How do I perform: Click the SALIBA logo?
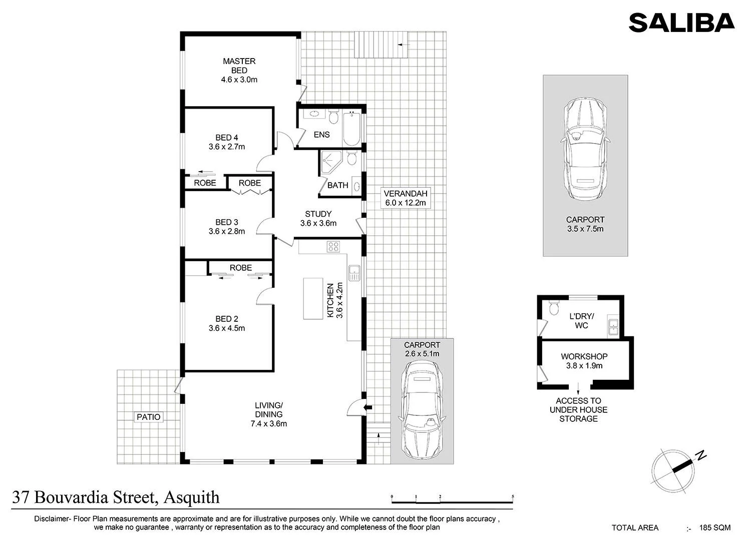click(x=681, y=23)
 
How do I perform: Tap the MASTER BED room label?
click(x=239, y=66)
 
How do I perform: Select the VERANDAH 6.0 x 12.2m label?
click(x=406, y=198)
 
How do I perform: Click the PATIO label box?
click(x=149, y=417)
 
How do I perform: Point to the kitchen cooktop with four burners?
click(x=333, y=247)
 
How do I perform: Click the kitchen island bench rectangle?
click(x=313, y=299)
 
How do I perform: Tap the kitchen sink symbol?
click(x=354, y=273)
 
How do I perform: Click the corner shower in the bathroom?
click(x=331, y=163)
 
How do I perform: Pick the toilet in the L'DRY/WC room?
click(x=554, y=307)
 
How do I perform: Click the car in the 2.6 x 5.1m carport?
click(x=422, y=410)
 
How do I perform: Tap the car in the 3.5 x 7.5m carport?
click(x=585, y=150)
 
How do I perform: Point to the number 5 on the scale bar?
click(x=513, y=496)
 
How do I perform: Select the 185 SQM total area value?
click(x=715, y=527)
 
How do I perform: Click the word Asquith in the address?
click(x=191, y=498)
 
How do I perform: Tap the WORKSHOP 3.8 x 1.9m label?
click(x=584, y=361)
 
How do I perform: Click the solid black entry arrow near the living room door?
click(x=368, y=407)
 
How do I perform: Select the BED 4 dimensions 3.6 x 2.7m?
click(x=227, y=147)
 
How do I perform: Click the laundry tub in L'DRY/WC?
click(x=613, y=327)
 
